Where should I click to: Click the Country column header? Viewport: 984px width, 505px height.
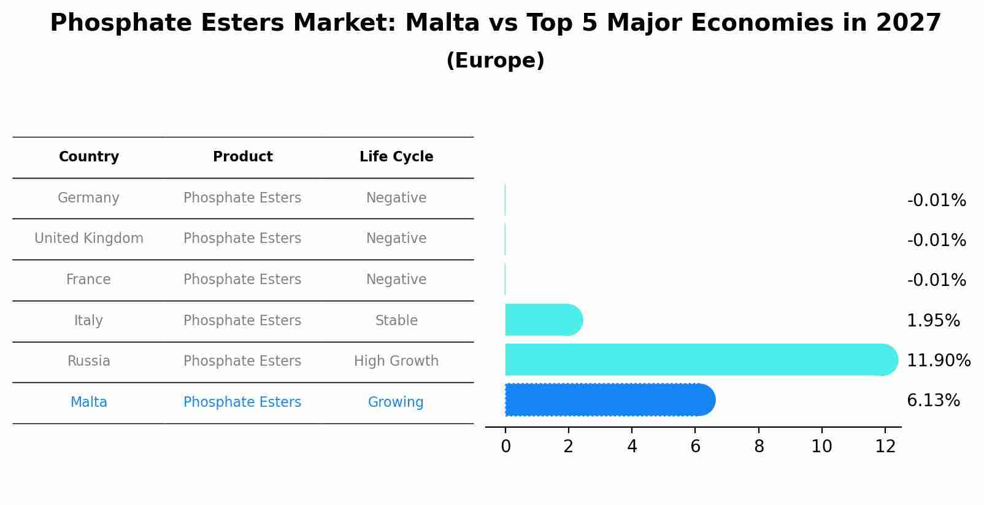tap(89, 157)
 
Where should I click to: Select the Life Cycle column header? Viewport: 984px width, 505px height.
tap(396, 157)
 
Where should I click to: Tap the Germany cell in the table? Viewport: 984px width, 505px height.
tap(88, 198)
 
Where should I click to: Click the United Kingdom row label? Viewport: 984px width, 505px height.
tap(89, 239)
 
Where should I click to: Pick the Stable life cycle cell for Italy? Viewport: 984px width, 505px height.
tap(396, 321)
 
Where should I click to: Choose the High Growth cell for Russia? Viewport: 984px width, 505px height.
tap(396, 361)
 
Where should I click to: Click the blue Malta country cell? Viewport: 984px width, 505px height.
tap(89, 403)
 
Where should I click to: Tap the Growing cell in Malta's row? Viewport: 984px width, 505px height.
tap(396, 403)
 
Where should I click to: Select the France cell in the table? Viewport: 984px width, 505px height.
tap(88, 280)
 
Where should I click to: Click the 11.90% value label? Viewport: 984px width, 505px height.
tap(939, 361)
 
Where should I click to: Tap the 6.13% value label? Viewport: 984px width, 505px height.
tap(933, 401)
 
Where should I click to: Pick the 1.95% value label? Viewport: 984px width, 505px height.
tap(933, 321)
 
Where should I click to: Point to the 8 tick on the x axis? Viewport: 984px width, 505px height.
tap(759, 447)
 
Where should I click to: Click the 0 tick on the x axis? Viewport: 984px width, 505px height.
tap(505, 447)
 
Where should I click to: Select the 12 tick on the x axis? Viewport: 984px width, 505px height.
tap(885, 447)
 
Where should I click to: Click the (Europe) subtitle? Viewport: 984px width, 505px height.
tap(495, 61)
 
